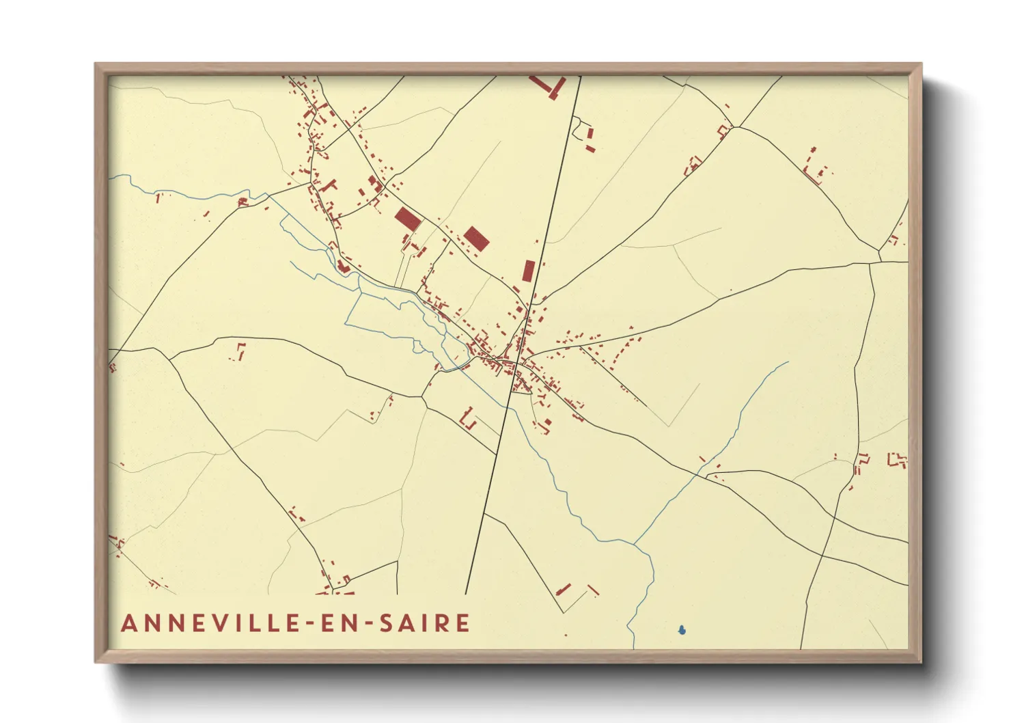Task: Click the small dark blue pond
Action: coord(681,630)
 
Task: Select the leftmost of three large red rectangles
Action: coord(408,219)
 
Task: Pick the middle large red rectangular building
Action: coord(476,238)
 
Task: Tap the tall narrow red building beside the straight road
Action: coord(528,271)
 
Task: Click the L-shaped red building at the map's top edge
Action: coord(549,87)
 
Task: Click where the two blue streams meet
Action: coord(635,544)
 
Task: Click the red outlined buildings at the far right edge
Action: coord(897,460)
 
